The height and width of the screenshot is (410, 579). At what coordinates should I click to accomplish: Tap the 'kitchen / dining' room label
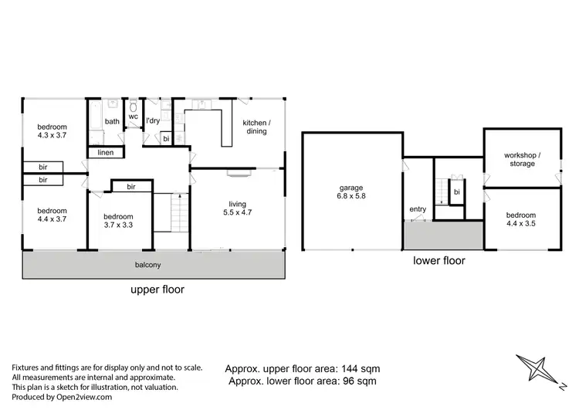pos(256,127)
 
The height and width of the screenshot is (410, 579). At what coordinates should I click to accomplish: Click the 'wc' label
pos(133,117)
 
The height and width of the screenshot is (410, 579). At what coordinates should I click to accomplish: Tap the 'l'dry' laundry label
pos(153,121)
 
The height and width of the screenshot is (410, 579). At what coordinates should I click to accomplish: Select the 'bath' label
pos(113,121)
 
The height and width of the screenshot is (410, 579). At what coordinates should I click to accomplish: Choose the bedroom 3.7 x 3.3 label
pos(119,222)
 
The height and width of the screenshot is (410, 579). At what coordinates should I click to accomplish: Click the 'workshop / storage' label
pos(522,159)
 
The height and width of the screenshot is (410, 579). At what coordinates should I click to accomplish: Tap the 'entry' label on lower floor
pos(418,209)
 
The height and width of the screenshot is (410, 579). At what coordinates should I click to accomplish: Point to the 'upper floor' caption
pos(157,290)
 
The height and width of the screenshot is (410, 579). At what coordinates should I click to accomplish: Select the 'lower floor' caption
pos(439,261)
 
